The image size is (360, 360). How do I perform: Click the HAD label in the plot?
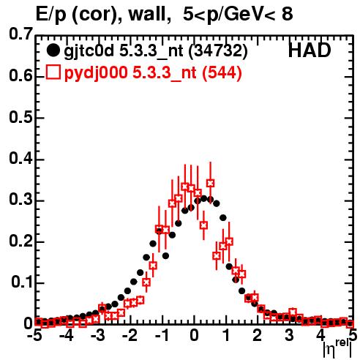(310, 50)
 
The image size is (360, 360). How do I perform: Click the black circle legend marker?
(53, 50)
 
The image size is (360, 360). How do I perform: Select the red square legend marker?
(53, 72)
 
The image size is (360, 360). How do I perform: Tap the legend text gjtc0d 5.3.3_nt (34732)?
(156, 51)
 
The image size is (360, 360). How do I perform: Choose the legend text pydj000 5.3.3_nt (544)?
(153, 72)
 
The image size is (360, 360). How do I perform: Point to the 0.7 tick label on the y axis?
(20, 34)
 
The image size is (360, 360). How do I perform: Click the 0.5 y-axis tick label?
(20, 118)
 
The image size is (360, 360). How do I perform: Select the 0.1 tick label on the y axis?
(21, 282)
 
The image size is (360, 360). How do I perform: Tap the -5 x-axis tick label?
(36, 336)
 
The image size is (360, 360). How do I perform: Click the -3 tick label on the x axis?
(98, 336)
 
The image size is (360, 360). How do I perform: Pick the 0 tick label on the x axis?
(194, 336)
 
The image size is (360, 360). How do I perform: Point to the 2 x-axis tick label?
(258, 336)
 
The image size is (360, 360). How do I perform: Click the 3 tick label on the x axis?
(289, 336)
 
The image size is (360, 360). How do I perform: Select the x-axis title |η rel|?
(338, 349)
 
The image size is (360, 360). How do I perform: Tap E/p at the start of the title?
(51, 15)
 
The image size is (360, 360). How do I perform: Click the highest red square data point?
(210, 183)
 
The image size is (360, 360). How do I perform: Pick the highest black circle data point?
(204, 198)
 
